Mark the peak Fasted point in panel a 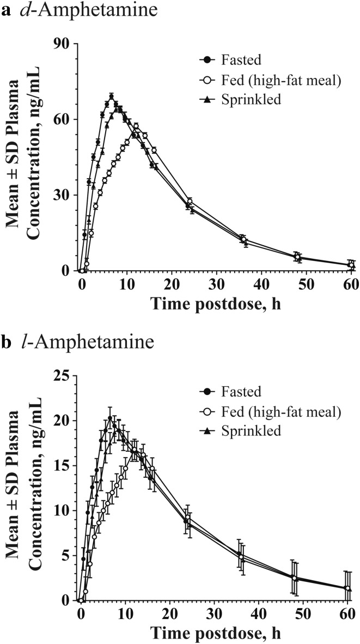(111, 97)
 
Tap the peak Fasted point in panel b (110, 418)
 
